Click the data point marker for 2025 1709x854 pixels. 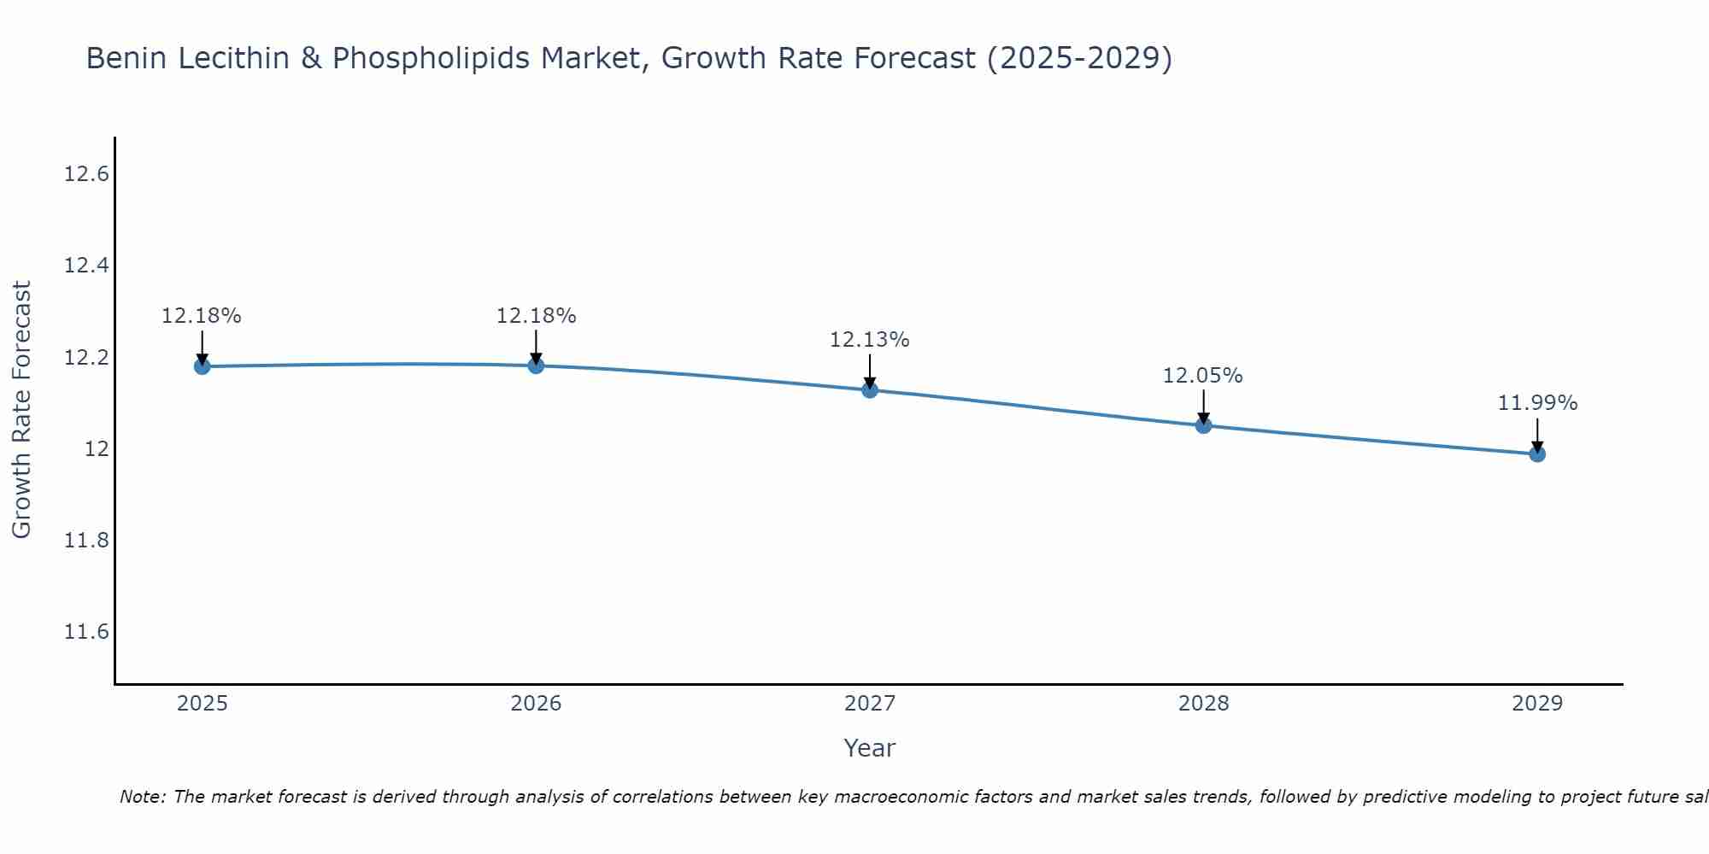tap(203, 366)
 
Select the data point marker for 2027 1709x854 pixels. tap(870, 390)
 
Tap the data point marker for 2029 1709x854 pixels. tap(1537, 453)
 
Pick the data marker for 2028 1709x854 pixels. tap(1203, 425)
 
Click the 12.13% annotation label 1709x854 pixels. tap(869, 340)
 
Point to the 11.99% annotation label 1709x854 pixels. tap(1536, 403)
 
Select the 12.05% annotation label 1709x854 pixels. tap(1202, 376)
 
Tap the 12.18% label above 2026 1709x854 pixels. tap(536, 316)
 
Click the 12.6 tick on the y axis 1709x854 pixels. tap(87, 174)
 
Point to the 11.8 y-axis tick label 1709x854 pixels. tap(87, 541)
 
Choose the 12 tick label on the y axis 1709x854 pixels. tap(97, 449)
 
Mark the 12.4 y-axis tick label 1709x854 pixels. tap(87, 266)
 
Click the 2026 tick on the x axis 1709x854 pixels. tap(536, 704)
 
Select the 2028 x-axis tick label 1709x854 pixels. tap(1203, 704)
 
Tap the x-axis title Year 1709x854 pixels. tap(869, 748)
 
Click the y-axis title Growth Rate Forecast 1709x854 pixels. tap(21, 410)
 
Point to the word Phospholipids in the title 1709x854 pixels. tap(431, 59)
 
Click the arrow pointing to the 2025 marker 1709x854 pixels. tap(203, 348)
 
